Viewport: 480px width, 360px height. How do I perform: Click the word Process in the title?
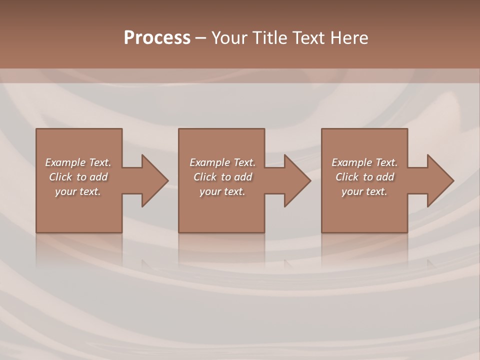tap(157, 38)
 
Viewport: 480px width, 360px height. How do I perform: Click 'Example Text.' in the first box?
tap(78, 162)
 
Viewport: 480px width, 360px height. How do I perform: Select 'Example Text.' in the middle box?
tap(222, 162)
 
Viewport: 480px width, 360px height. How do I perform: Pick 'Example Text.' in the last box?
tap(364, 162)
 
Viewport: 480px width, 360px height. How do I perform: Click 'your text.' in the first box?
tap(78, 191)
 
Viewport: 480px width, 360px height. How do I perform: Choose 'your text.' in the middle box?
tap(222, 191)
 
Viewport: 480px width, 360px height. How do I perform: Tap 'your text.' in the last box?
tap(364, 191)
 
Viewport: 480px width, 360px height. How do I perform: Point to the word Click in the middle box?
tap(205, 177)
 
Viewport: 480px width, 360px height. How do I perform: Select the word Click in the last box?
tap(347, 177)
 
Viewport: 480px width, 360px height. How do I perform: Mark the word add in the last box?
tap(385, 177)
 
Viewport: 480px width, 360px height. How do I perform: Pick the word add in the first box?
tap(99, 177)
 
